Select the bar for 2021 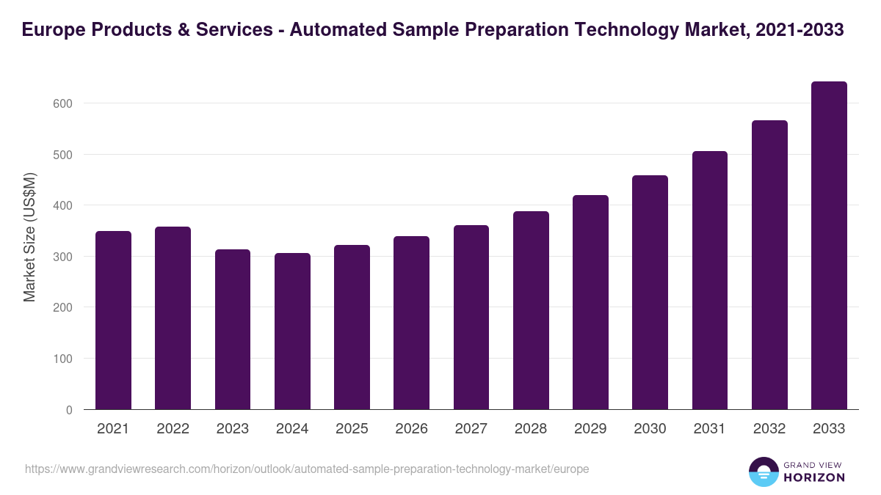tap(113, 320)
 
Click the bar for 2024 tap(292, 331)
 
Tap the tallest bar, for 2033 tap(829, 246)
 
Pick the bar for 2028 tap(531, 310)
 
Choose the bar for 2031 tap(709, 280)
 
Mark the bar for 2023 tap(233, 329)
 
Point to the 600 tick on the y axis tap(64, 103)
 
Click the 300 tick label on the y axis tap(64, 257)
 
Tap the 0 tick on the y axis tap(69, 410)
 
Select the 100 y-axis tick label tap(64, 359)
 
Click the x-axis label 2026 tap(411, 429)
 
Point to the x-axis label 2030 tap(650, 429)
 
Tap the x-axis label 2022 tap(173, 429)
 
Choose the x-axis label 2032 tap(769, 429)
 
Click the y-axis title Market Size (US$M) tap(29, 237)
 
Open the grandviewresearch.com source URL tap(307, 469)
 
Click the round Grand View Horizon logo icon tap(764, 472)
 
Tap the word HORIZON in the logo tap(815, 477)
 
